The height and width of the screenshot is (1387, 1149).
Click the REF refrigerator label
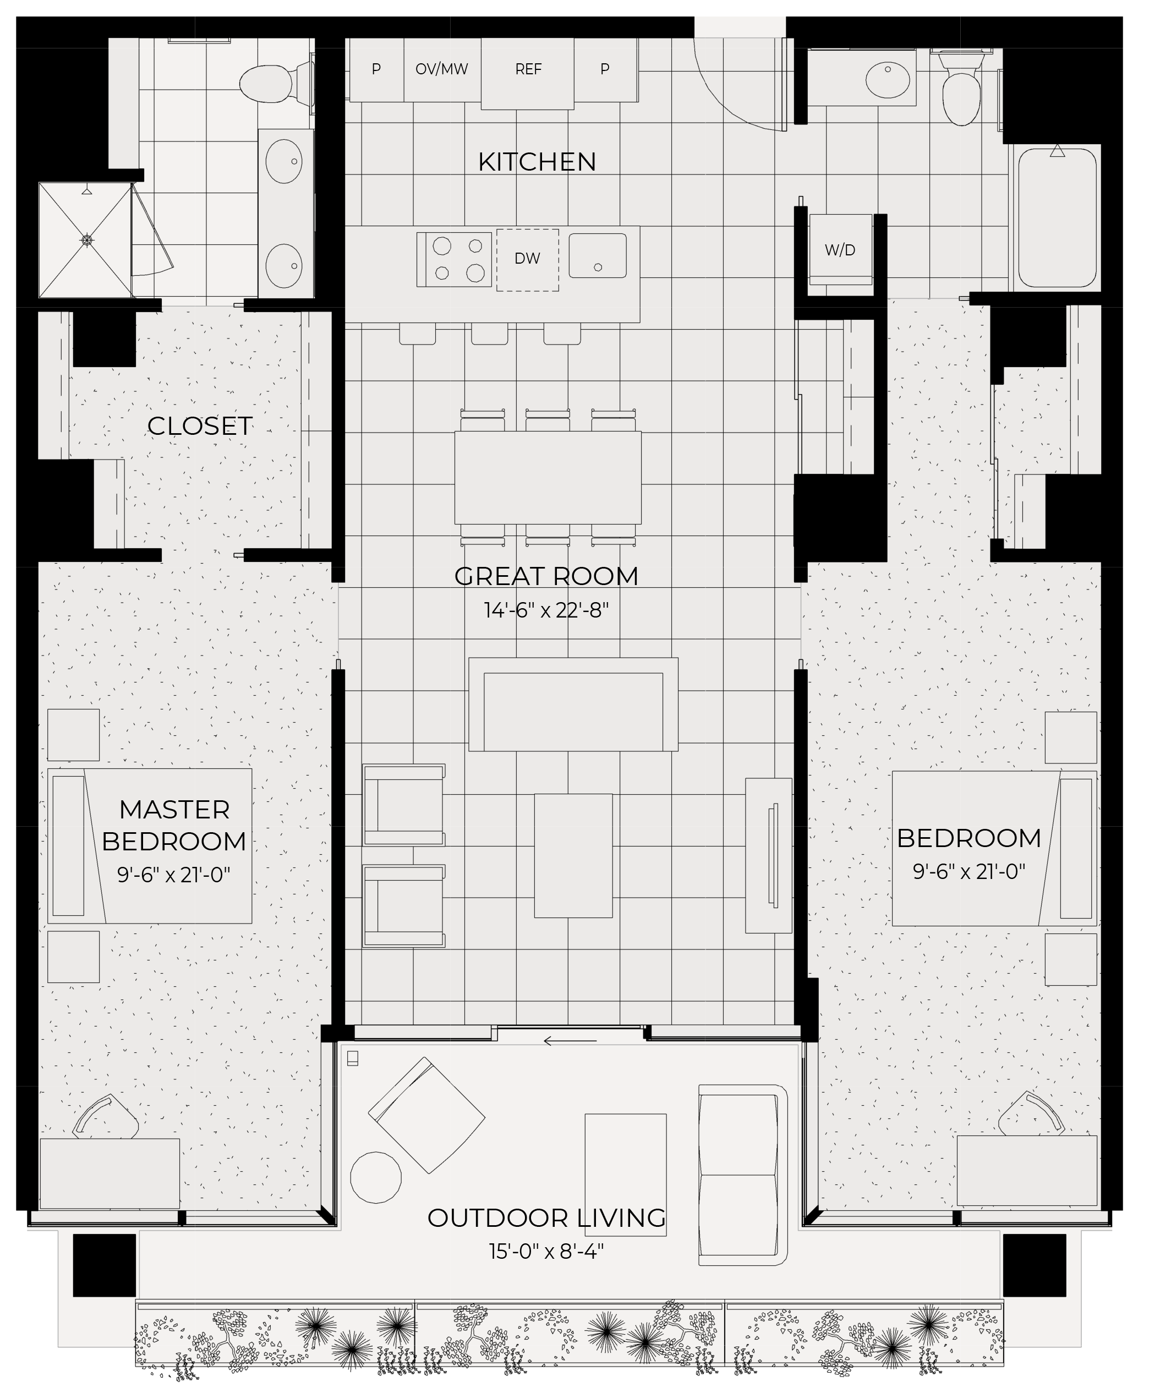[x=528, y=69]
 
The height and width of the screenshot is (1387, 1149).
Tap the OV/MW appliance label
[x=441, y=69]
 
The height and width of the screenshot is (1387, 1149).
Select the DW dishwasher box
[x=528, y=260]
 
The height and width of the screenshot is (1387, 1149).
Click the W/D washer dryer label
[x=840, y=250]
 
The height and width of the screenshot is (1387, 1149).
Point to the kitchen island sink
[x=598, y=255]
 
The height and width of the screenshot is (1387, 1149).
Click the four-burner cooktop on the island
[x=455, y=260]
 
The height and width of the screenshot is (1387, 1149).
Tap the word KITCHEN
[x=537, y=162]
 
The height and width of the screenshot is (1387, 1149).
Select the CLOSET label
[x=199, y=426]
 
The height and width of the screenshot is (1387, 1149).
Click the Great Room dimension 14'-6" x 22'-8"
[x=546, y=610]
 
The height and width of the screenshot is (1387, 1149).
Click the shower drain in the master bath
[x=86, y=240]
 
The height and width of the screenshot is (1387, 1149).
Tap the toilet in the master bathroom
[x=277, y=84]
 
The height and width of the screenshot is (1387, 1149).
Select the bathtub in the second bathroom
[x=1057, y=217]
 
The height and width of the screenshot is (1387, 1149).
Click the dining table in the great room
[x=548, y=478]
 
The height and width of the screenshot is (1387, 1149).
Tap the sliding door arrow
[x=570, y=1041]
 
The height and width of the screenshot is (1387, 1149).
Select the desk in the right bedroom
[x=1027, y=1170]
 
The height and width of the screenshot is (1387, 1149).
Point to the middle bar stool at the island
[x=489, y=334]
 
